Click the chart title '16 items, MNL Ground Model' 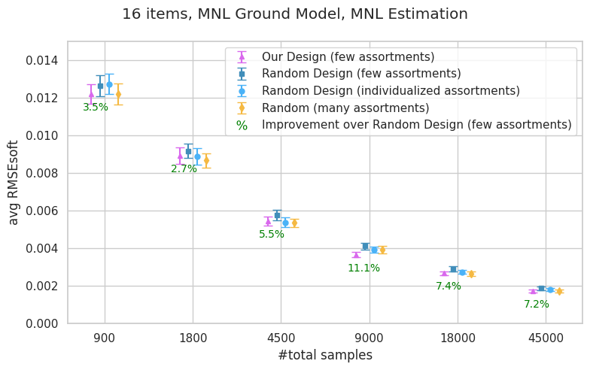click(294, 14)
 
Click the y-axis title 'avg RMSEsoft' click(14, 183)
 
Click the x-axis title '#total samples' click(324, 355)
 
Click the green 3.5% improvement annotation click(96, 108)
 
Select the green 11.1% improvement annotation click(363, 268)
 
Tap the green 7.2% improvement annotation click(537, 305)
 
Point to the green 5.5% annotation click(272, 235)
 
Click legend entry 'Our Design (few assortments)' click(348, 57)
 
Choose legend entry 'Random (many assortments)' click(345, 108)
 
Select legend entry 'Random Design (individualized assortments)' click(391, 91)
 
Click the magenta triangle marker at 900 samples click(91, 95)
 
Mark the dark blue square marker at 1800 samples click(188, 152)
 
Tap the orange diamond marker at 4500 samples click(294, 223)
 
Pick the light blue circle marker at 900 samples click(109, 84)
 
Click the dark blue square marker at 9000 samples click(365, 246)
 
